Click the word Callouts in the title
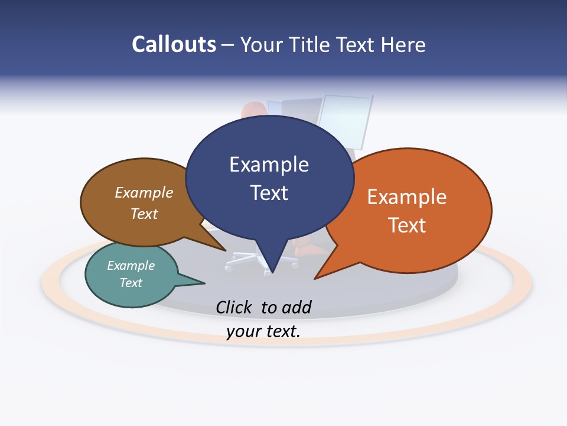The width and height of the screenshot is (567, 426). click(x=174, y=44)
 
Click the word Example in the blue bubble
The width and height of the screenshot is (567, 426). click(x=269, y=164)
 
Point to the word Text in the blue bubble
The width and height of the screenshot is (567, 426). click(x=269, y=193)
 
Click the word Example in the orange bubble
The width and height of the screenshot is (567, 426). click(x=407, y=197)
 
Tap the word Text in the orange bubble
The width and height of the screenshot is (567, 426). click(x=407, y=225)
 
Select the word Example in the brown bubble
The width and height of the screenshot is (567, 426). click(x=144, y=193)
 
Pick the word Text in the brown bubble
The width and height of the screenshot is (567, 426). click(x=144, y=214)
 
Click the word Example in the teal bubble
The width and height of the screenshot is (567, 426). click(x=131, y=266)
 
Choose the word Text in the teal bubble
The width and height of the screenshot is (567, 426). click(x=131, y=283)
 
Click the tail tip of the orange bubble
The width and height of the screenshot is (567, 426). click(x=315, y=278)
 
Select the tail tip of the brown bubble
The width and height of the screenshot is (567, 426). click(x=225, y=250)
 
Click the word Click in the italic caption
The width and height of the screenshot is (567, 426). click(x=234, y=307)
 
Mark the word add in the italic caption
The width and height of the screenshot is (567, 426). click(x=296, y=307)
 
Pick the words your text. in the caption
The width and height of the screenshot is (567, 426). click(x=263, y=331)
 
